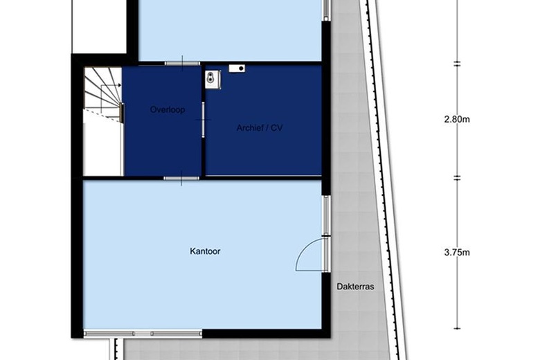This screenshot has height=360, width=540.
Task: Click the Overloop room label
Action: [x=168, y=109]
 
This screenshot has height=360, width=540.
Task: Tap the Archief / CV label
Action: [x=260, y=128]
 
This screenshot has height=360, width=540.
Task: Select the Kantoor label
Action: [x=205, y=251]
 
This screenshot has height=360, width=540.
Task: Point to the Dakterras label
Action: [x=355, y=287]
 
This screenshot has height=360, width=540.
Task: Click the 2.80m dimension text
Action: [x=457, y=120]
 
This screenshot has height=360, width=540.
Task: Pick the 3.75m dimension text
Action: [x=457, y=253]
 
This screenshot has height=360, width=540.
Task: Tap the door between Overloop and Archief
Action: [x=203, y=120]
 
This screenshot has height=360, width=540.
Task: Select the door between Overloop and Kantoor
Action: [x=181, y=178]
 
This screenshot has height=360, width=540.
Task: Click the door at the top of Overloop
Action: [x=182, y=64]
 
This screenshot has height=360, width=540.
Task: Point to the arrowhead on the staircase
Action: [x=120, y=85]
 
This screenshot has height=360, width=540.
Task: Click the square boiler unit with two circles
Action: [x=213, y=80]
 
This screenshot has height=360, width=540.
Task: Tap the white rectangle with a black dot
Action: [x=237, y=69]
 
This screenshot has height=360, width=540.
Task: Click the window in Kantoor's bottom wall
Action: [x=143, y=334]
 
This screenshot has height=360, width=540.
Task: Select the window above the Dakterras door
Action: [x=326, y=216]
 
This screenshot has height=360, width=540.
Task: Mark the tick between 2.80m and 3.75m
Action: [x=457, y=178]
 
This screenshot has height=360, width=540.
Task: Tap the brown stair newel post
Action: [x=122, y=112]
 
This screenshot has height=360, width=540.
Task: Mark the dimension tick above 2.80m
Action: [x=457, y=64]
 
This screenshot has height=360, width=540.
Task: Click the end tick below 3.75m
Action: [x=457, y=328]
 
